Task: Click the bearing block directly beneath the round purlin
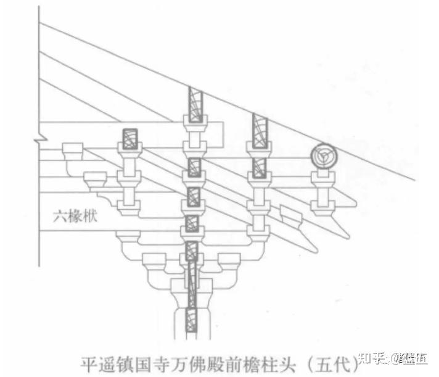click(x=322, y=180)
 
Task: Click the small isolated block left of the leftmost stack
click(x=73, y=150)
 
